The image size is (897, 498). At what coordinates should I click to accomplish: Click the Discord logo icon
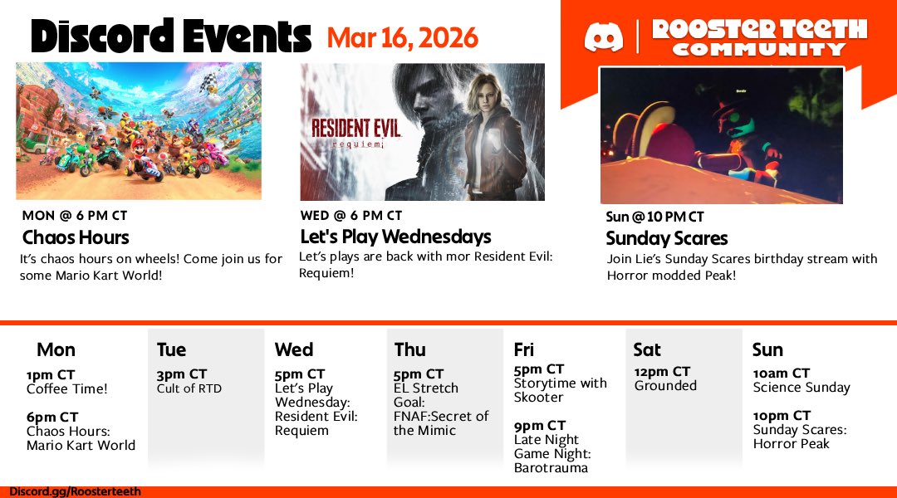click(604, 37)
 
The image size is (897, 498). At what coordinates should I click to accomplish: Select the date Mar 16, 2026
click(402, 37)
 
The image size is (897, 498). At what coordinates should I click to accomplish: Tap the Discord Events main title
click(170, 37)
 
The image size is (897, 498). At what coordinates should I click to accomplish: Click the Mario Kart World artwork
click(139, 130)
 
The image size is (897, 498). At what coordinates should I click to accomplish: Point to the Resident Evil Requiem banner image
click(422, 132)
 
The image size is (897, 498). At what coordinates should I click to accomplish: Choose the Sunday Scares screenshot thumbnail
click(721, 135)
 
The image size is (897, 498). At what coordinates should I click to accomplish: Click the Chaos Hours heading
click(76, 237)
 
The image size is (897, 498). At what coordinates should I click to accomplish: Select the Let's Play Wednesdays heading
click(395, 237)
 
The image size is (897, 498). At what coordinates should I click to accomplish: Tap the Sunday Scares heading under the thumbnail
click(667, 238)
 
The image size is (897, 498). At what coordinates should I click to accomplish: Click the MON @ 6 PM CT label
click(75, 216)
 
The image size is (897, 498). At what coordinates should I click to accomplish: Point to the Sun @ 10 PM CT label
click(654, 217)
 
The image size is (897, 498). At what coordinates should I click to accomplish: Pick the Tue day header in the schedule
click(171, 349)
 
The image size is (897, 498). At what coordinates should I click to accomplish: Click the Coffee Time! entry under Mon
click(67, 388)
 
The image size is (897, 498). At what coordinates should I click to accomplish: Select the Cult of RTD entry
click(189, 388)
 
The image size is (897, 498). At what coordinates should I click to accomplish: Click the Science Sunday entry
click(801, 388)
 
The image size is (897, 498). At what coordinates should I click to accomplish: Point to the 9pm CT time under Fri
click(539, 426)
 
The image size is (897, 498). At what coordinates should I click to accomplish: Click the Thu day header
click(410, 349)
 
